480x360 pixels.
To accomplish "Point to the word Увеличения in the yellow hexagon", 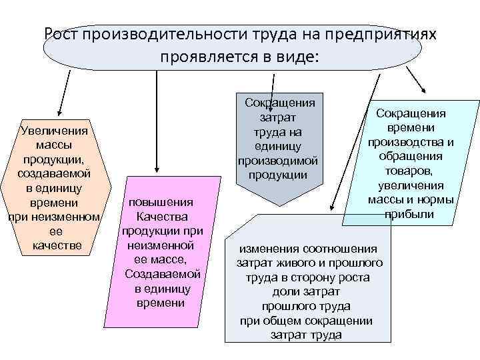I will pyautogui.click(x=56, y=131).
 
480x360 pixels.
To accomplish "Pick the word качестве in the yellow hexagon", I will pyautogui.click(x=57, y=245).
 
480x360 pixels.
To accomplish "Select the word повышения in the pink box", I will pyautogui.click(x=162, y=203).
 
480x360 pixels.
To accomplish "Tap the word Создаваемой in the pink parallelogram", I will pyautogui.click(x=162, y=275).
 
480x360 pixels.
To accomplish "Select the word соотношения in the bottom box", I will pyautogui.click(x=341, y=248).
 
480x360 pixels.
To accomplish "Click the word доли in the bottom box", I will pyautogui.click(x=283, y=292).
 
